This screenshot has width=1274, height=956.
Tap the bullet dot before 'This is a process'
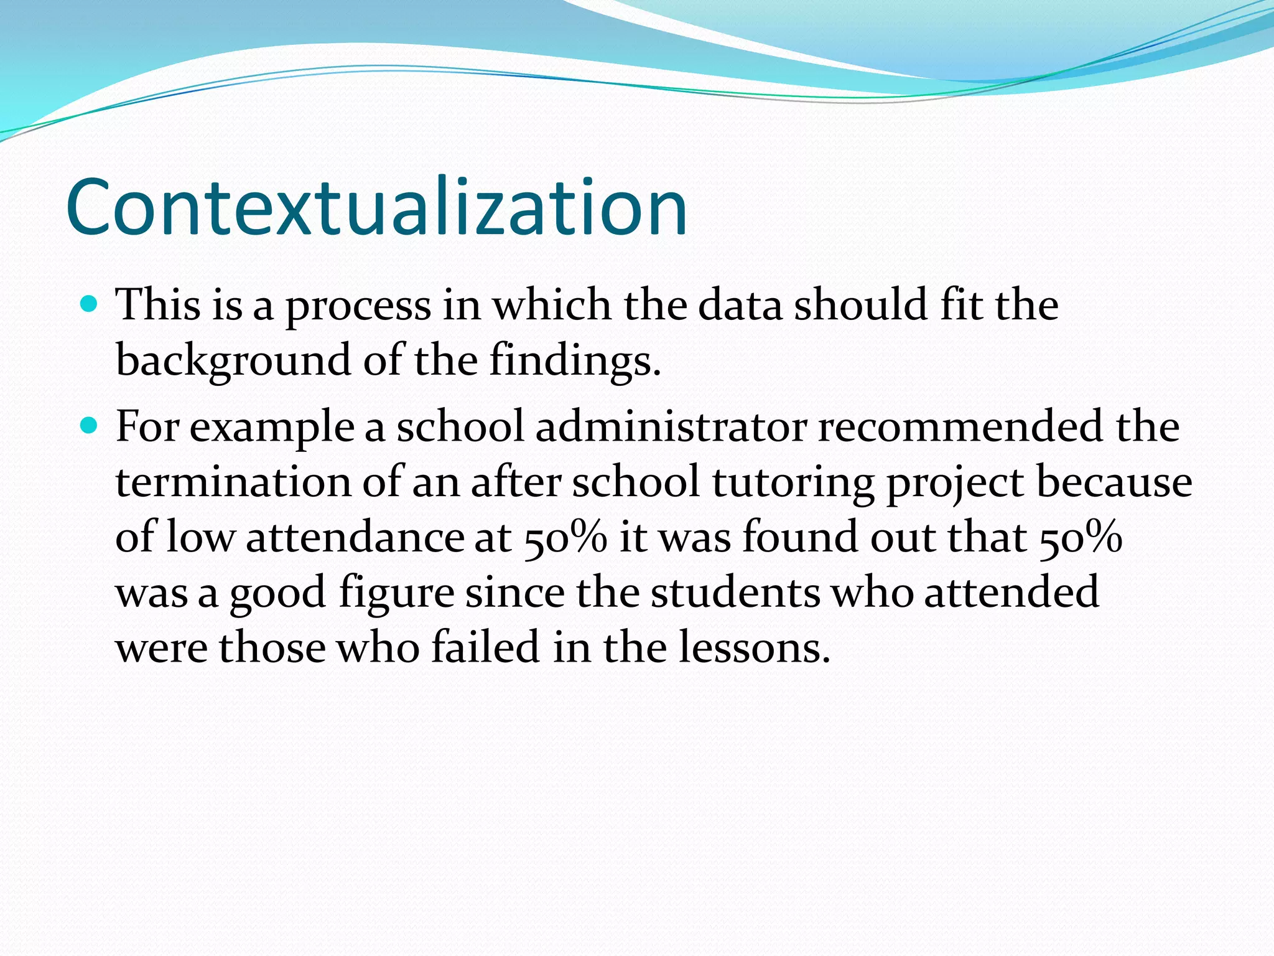click(x=90, y=304)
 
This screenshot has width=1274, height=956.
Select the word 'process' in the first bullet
click(x=358, y=307)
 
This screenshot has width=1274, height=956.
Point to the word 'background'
click(x=233, y=361)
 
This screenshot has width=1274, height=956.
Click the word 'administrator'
click(x=671, y=427)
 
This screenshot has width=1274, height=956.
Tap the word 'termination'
click(x=233, y=482)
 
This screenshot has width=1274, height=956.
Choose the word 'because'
click(x=1114, y=482)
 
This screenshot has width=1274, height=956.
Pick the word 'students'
click(x=735, y=592)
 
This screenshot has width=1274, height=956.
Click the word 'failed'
click(x=485, y=647)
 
